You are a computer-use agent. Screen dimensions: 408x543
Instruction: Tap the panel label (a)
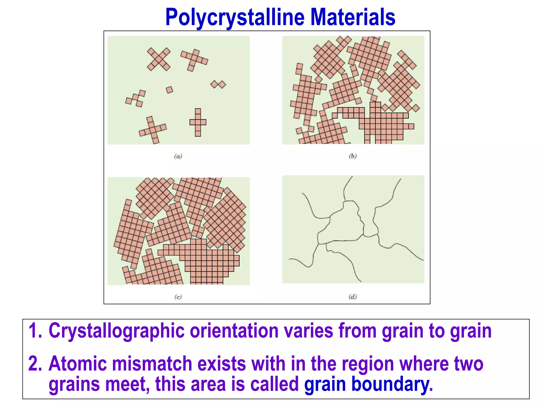pos(178,156)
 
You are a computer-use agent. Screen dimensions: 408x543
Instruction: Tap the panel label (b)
pos(353,156)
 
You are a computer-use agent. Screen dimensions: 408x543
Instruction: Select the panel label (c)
pos(178,297)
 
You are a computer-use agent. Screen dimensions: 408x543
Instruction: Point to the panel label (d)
pos(353,297)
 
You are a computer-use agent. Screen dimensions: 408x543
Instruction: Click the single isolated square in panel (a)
pos(169,90)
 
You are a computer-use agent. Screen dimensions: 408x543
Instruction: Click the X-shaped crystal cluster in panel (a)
pos(159,59)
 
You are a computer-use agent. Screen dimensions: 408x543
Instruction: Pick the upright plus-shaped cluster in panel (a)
pos(198,122)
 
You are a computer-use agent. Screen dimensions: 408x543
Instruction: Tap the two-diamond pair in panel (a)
pos(218,84)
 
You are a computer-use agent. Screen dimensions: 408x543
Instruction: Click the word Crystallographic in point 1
pos(117,331)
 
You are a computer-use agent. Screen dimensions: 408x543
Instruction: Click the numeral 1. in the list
pos(35,331)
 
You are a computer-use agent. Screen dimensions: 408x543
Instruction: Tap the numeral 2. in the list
pos(35,364)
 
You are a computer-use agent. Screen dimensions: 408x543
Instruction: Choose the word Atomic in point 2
pos(77,364)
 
